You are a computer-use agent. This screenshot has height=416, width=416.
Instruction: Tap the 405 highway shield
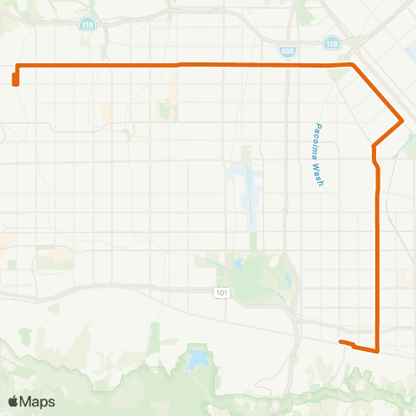coord(287,52)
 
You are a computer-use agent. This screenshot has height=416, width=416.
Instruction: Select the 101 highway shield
coord(222,293)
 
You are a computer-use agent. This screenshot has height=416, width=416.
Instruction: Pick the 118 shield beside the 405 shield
coord(332,43)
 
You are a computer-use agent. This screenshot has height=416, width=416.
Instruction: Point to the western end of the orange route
coord(16,81)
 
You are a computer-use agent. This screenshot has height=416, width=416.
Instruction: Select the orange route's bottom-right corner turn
coord(378,351)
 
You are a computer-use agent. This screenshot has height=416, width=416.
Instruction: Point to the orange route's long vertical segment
coord(378,260)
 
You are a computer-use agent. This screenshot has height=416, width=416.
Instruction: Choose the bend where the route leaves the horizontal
coord(352,65)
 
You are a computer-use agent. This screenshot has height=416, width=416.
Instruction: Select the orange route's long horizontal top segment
coord(182,65)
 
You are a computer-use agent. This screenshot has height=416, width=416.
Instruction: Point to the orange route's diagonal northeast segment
coord(378,92)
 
